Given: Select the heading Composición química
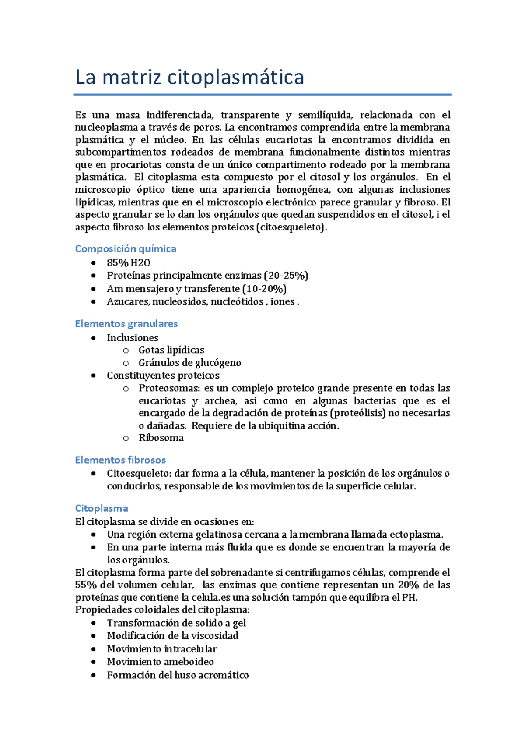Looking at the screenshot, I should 126,249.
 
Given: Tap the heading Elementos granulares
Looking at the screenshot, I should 126,324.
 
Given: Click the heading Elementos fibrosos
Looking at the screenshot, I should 120,460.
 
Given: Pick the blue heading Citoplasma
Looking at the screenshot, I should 101,508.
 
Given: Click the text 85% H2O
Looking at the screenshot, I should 129,263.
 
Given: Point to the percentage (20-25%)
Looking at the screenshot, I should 286,276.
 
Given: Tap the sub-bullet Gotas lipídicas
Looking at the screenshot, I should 171,350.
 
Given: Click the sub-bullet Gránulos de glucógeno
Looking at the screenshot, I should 190,363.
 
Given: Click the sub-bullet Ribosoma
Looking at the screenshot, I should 161,438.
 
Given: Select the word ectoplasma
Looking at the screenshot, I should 416,535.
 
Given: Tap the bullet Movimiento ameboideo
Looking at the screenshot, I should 161,662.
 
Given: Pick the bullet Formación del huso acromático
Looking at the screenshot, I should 178,675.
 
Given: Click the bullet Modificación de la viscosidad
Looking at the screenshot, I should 173,636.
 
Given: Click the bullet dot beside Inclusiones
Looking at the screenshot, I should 93,338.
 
